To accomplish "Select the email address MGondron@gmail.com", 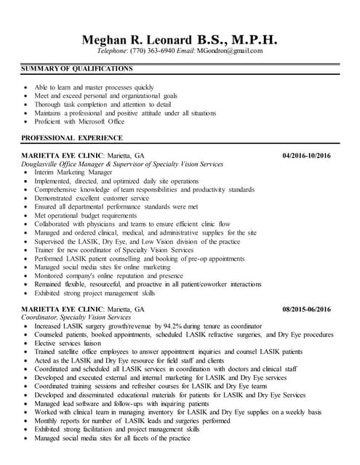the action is click(x=228, y=51).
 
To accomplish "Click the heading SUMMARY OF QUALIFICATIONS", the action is click(x=77, y=69).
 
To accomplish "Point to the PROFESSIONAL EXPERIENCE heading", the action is click(x=72, y=137).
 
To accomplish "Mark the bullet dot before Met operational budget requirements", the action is click(x=27, y=216).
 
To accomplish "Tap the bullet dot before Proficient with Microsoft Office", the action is click(x=27, y=122).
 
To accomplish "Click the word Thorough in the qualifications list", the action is click(x=48, y=105).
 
